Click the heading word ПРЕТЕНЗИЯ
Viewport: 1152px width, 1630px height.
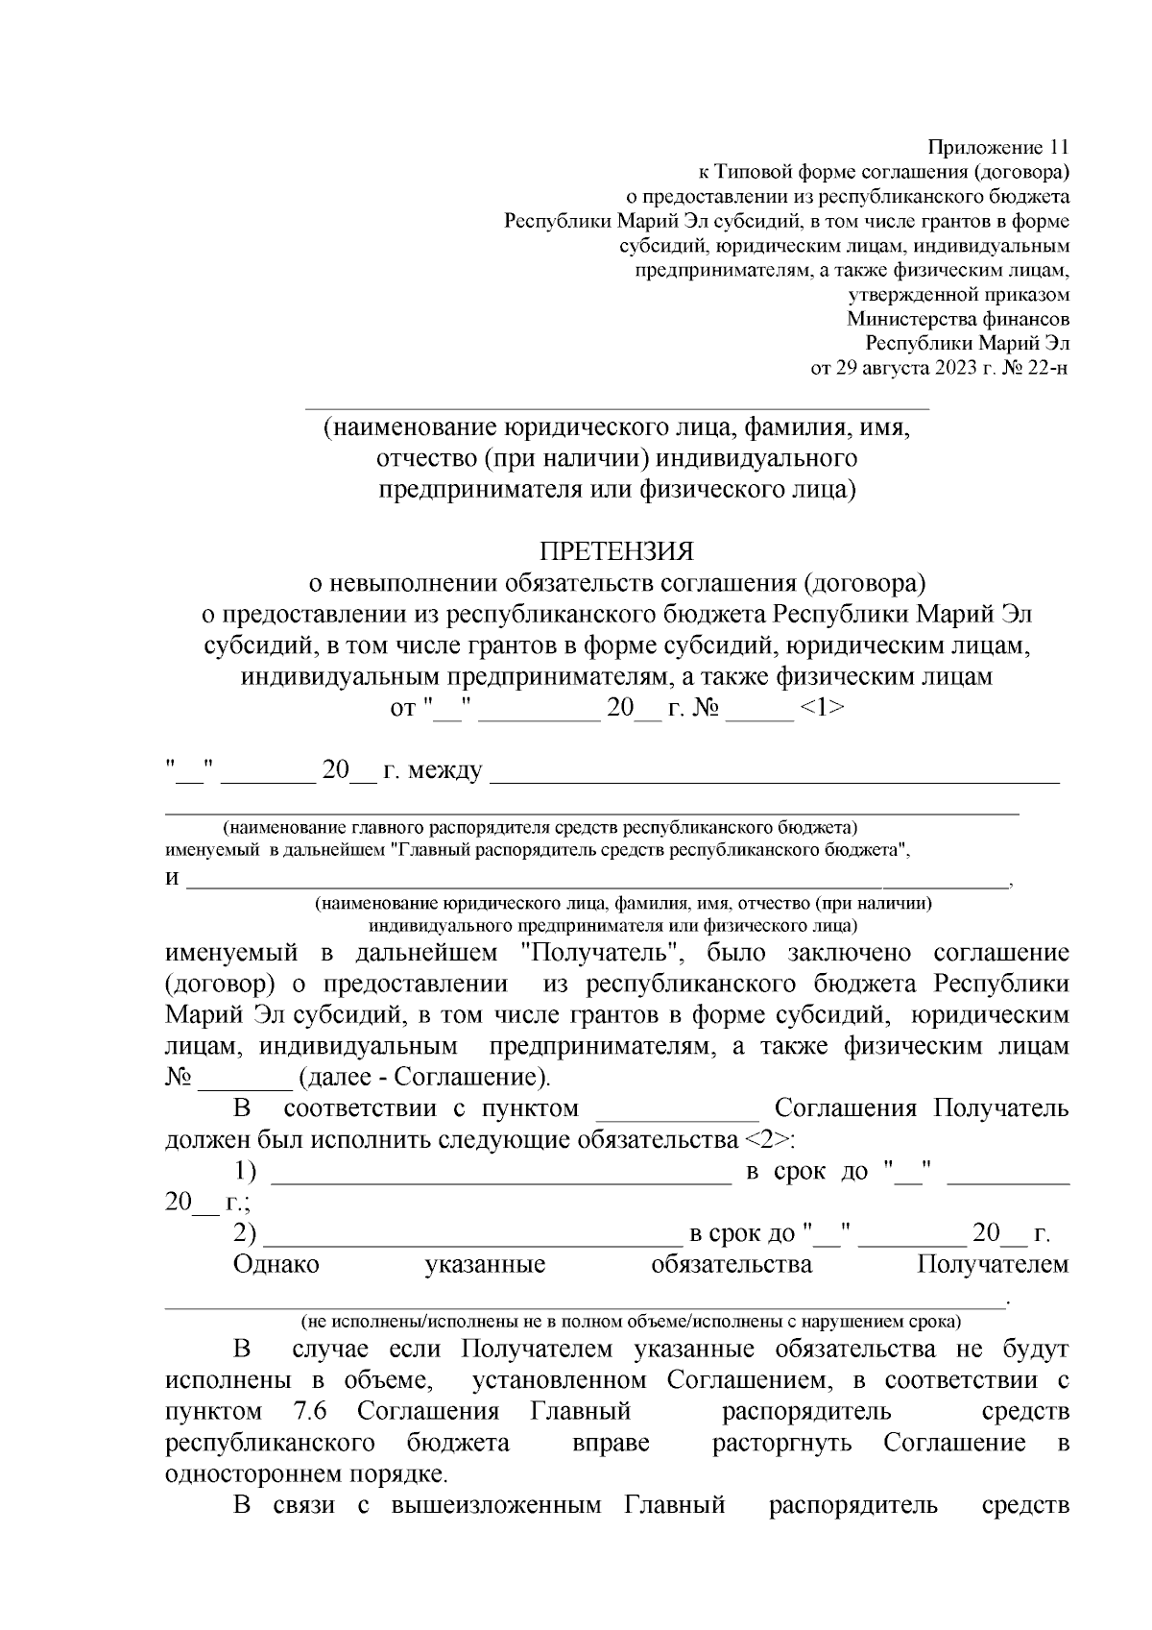615,551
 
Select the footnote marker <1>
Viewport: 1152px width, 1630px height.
822,708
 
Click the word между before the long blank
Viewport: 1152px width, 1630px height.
445,770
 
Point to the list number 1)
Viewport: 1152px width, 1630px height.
246,1171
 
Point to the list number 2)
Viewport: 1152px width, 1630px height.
246,1233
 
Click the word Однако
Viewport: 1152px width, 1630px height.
276,1264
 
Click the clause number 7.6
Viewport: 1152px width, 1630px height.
308,1412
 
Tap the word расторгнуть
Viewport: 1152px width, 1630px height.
781,1443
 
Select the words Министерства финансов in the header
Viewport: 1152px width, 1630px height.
957,319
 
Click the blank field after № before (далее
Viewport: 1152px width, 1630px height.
245,1079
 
